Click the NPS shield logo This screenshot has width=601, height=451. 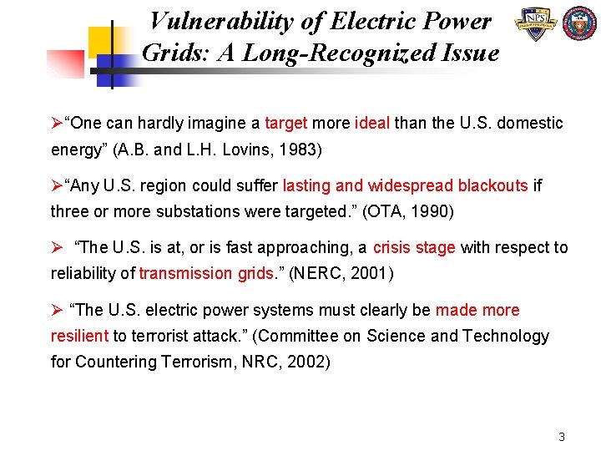[536, 25]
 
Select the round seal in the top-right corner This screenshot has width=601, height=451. [580, 25]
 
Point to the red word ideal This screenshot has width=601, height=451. [372, 124]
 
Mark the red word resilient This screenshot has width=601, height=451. [80, 336]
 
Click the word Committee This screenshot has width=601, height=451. [298, 336]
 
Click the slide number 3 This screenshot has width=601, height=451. [562, 437]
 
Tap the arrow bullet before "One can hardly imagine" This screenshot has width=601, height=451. [57, 124]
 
